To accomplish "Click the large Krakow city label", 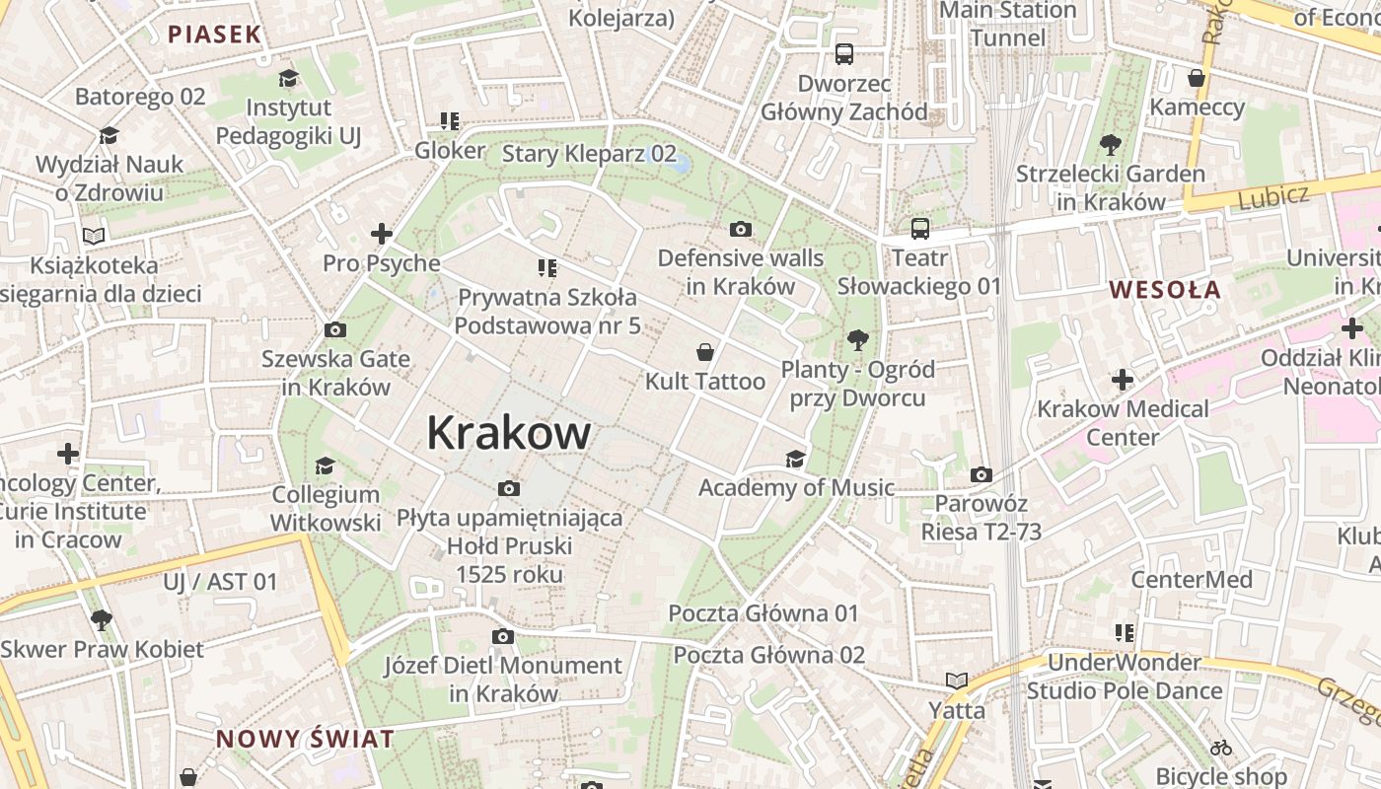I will tap(509, 433).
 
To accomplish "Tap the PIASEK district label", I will tap(214, 35).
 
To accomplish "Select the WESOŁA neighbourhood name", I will tap(1165, 290).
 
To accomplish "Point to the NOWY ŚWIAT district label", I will tap(305, 739).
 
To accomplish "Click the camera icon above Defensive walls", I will tap(741, 230).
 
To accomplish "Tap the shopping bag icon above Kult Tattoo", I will tap(705, 352).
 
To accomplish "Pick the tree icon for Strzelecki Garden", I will tap(1111, 145).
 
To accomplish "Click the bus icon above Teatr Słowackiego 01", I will tap(919, 229).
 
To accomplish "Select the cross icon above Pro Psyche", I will tap(382, 235).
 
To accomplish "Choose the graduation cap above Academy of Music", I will tap(795, 459).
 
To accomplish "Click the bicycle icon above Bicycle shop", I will tap(1221, 748).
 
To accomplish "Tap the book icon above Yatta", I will tap(956, 681).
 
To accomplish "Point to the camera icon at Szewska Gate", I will tap(335, 329).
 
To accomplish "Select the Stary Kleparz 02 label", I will tap(589, 154).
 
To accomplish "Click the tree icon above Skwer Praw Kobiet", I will tap(101, 620).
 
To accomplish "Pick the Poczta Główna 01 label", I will tap(763, 613).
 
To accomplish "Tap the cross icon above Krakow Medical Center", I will tap(1123, 380).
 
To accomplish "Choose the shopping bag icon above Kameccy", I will tap(1197, 78).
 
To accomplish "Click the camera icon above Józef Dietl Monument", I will tap(503, 637).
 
